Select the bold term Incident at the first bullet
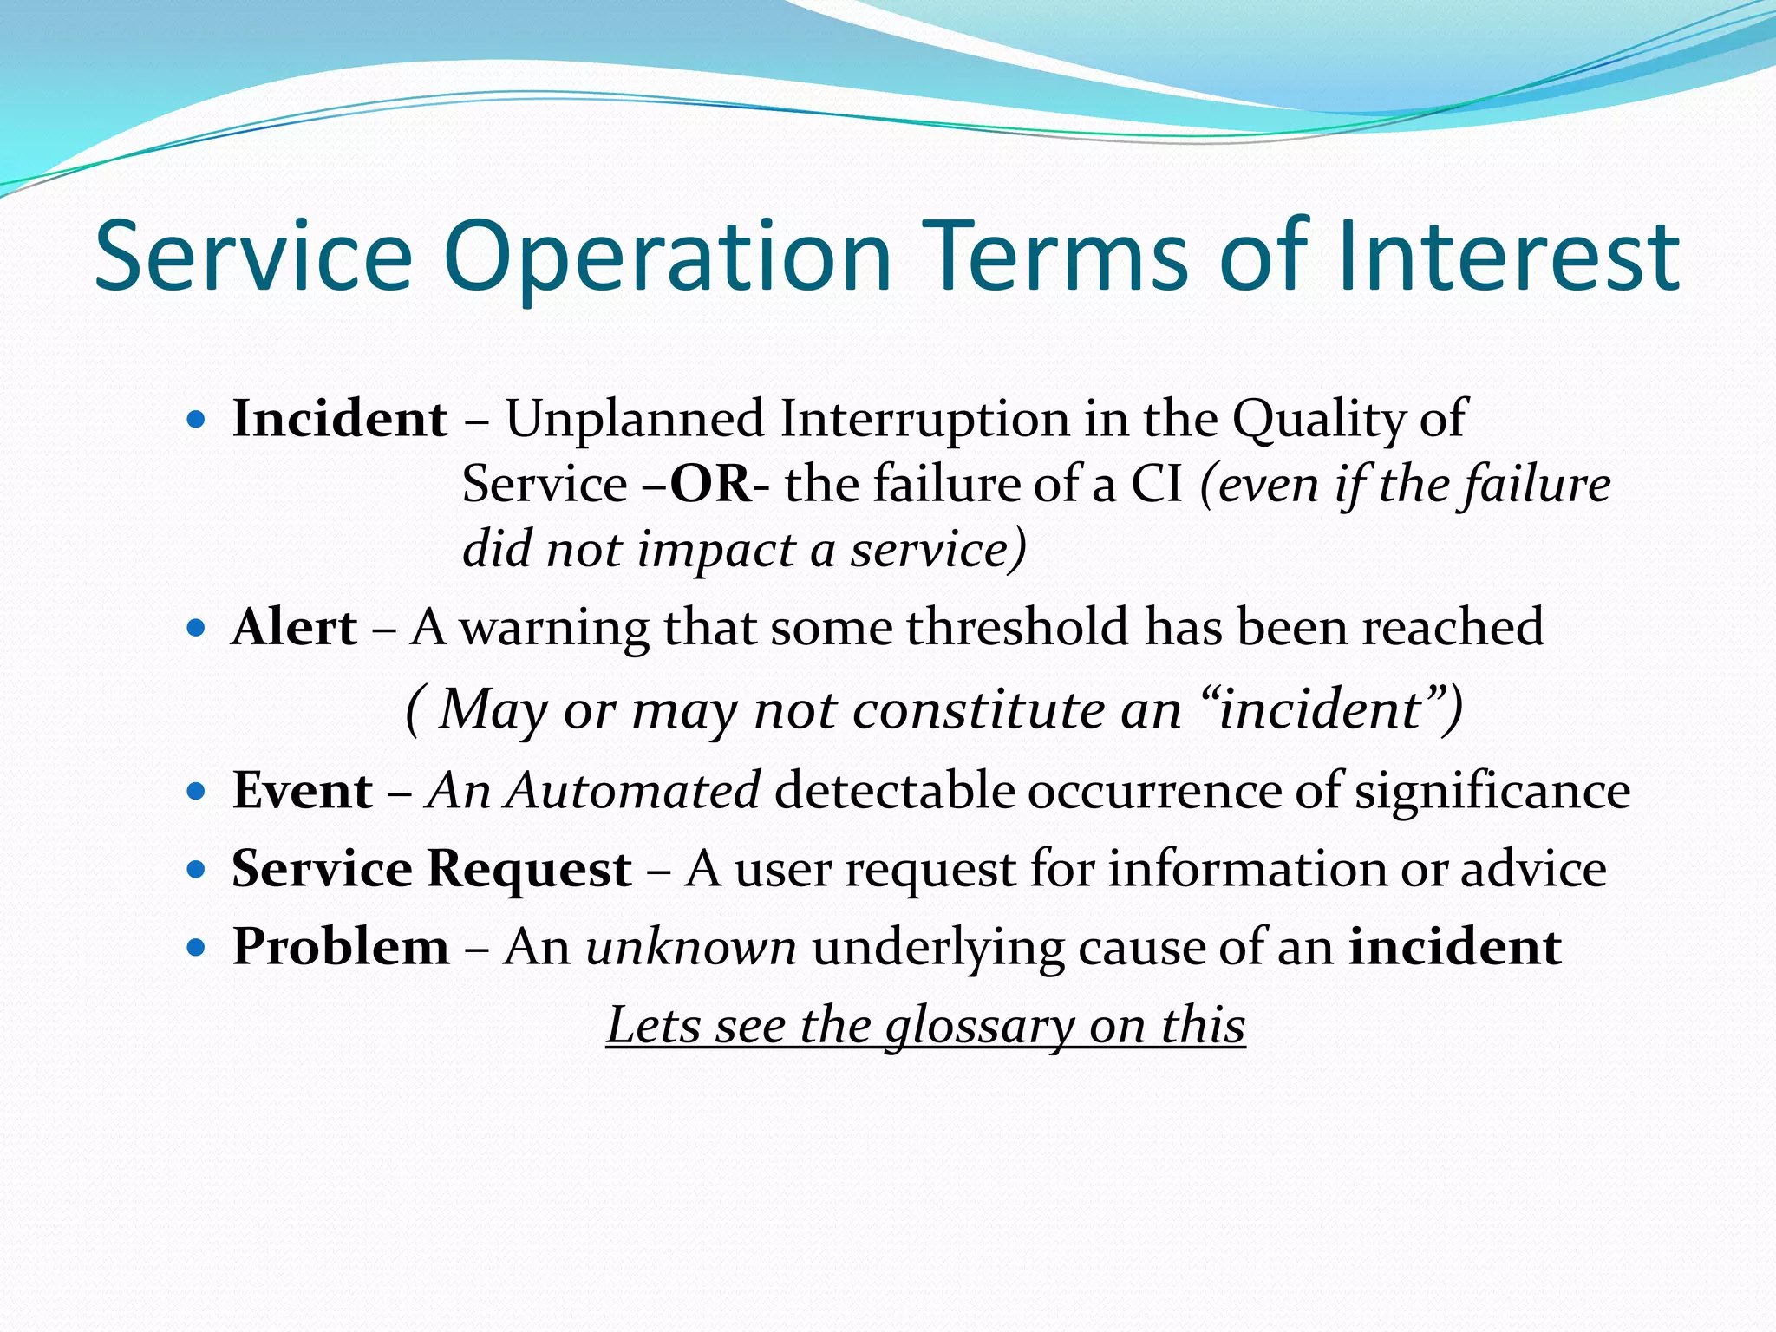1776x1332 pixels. coord(340,419)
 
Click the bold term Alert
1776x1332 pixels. coord(294,627)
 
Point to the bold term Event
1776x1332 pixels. coord(302,791)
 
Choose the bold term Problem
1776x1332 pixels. coord(341,946)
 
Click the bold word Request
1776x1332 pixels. coord(529,869)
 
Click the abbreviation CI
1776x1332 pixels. coord(1156,484)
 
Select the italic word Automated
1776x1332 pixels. coord(635,791)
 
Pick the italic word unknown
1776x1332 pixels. coord(691,946)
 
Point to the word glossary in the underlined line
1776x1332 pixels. coord(979,1027)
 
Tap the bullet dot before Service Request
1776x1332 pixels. coord(196,868)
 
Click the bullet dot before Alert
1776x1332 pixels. coord(196,627)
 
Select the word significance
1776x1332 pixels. coord(1492,791)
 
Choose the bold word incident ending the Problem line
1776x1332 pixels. coord(1454,946)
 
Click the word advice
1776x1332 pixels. coord(1533,869)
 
